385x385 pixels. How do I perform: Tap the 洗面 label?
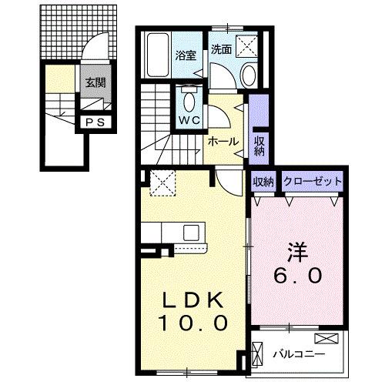[222, 48]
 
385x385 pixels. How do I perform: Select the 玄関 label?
[95, 84]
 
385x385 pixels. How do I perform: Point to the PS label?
[94, 121]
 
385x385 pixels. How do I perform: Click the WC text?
[189, 120]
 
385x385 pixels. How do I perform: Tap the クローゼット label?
[313, 182]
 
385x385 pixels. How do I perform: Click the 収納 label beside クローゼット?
[263, 182]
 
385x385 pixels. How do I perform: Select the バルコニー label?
[299, 354]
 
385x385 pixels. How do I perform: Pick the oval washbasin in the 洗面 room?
[249, 75]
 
